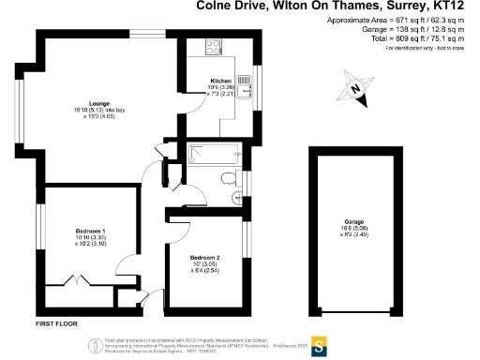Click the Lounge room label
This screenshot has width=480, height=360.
click(x=97, y=104)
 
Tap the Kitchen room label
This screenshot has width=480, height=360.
click(x=220, y=81)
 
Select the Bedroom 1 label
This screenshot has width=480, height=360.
click(x=90, y=231)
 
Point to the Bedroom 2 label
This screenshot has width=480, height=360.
click(x=204, y=257)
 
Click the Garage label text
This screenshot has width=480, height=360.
click(x=353, y=222)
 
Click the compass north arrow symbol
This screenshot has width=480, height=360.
click(x=355, y=88)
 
